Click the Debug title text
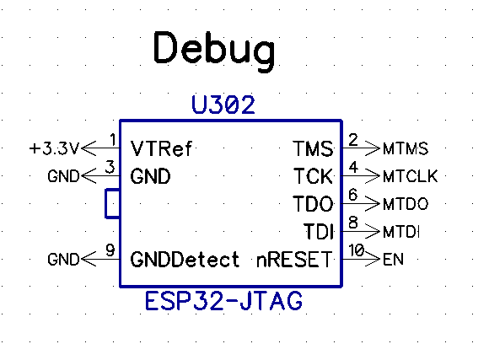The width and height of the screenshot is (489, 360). (x=214, y=51)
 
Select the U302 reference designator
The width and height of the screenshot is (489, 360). (x=223, y=105)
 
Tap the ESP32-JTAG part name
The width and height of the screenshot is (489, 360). (x=223, y=301)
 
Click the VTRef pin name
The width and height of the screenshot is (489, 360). (x=161, y=148)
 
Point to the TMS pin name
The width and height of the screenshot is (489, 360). (x=313, y=148)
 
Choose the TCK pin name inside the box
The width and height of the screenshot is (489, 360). (x=313, y=176)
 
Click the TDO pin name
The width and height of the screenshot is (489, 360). (x=313, y=204)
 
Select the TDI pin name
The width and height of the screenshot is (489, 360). (x=319, y=232)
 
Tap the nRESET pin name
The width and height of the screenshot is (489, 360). (x=294, y=259)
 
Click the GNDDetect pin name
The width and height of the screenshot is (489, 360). (x=185, y=259)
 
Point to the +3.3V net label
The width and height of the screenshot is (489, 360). (x=54, y=148)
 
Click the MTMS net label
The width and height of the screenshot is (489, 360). (x=406, y=148)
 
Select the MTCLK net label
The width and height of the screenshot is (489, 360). (x=411, y=176)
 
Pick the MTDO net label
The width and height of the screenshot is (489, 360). (x=406, y=204)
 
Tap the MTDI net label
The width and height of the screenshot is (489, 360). (x=401, y=232)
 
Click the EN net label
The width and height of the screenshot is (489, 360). (x=393, y=259)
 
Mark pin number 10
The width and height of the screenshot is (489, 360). (x=356, y=250)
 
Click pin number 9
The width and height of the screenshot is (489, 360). (x=110, y=250)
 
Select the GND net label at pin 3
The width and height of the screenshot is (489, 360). (x=63, y=176)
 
